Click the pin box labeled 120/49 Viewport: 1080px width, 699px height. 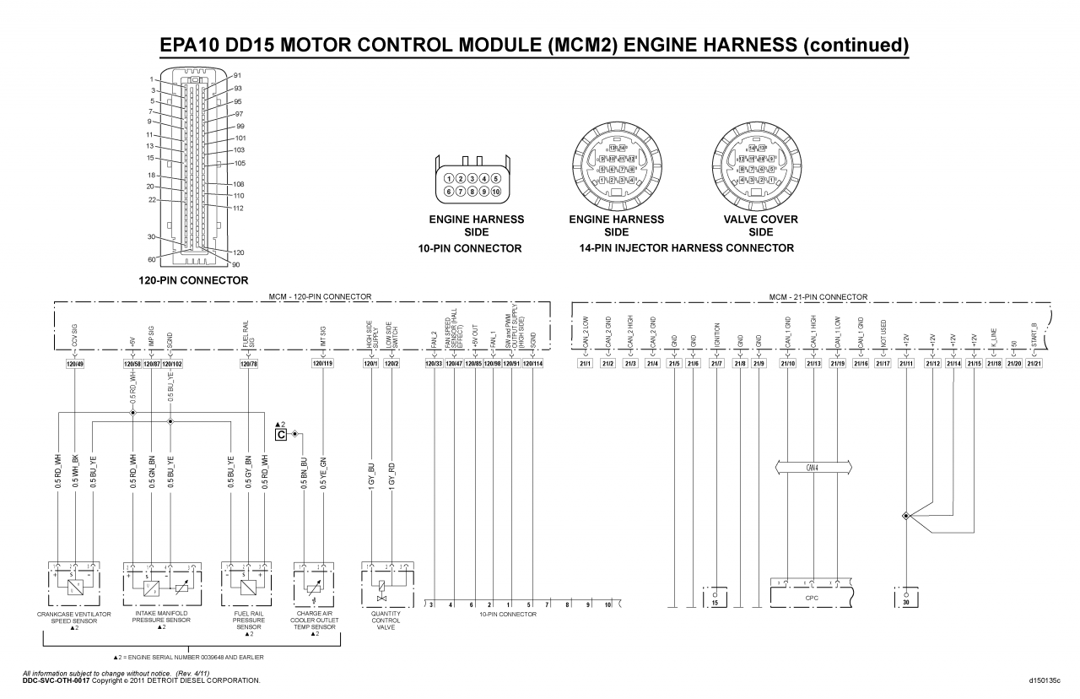(x=75, y=364)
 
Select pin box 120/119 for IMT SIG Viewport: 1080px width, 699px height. (x=322, y=364)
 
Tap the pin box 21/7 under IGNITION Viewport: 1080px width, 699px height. (x=716, y=364)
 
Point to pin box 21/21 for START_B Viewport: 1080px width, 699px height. (x=1034, y=364)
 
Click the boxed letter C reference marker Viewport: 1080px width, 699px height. (x=281, y=434)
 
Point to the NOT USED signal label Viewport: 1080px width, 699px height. (x=883, y=333)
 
